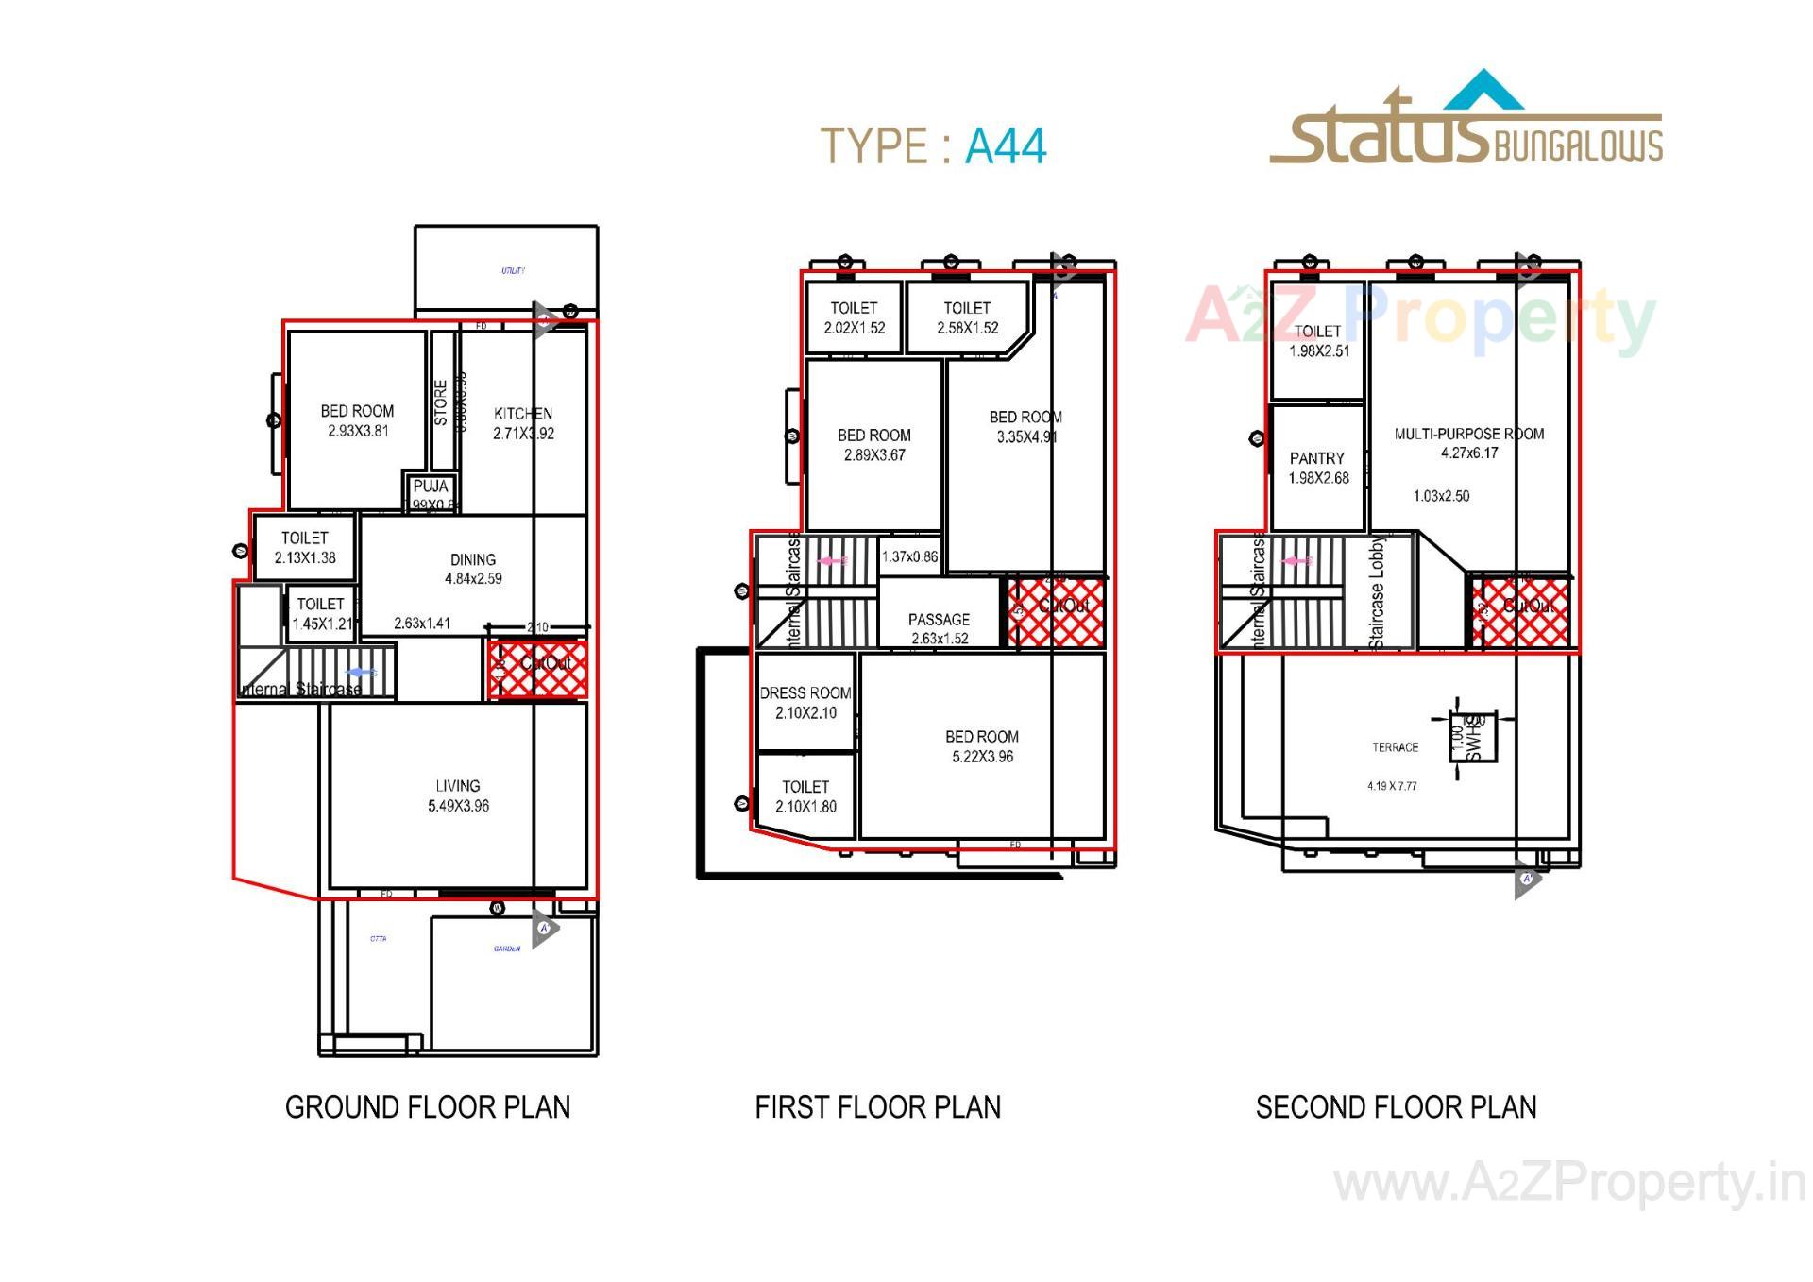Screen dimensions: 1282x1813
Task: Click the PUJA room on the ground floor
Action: point(432,492)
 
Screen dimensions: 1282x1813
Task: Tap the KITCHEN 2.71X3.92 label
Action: point(523,423)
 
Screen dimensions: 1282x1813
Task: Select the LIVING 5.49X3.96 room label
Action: point(458,795)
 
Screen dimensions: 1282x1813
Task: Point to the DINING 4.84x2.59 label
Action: point(473,569)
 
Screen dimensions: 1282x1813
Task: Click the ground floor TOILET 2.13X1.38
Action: point(304,547)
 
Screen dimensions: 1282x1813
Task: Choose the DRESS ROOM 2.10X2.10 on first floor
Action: point(805,703)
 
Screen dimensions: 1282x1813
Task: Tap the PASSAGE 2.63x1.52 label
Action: point(939,627)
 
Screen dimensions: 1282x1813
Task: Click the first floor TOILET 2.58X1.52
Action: point(967,317)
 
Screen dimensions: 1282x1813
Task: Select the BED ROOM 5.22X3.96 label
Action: point(982,745)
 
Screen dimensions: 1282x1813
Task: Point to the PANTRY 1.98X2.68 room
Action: point(1317,468)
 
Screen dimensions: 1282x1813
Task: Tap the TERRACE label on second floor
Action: point(1395,747)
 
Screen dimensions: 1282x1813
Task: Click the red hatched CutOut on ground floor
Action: point(537,670)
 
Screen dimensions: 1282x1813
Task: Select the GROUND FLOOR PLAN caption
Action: point(428,1106)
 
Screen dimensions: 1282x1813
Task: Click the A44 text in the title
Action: point(1006,146)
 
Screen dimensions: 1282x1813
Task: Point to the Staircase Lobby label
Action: point(1377,592)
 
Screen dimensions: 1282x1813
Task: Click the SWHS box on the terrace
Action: point(1472,737)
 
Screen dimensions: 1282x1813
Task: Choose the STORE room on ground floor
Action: point(441,402)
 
